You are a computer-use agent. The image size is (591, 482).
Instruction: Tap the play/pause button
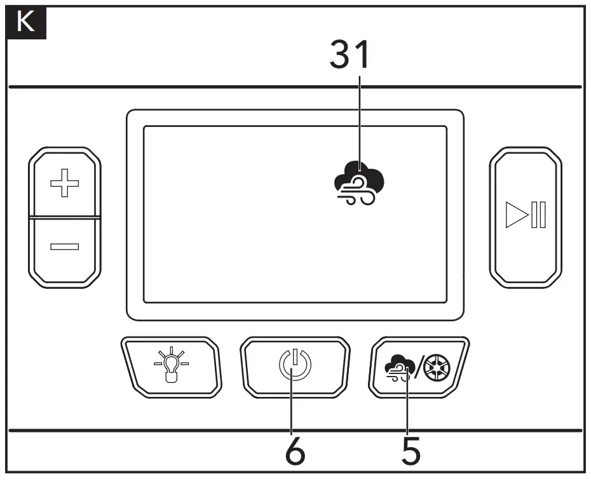pyautogui.click(x=525, y=217)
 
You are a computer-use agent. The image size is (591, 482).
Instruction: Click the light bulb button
pyautogui.click(x=170, y=366)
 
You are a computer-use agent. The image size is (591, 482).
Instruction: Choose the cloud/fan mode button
pyautogui.click(x=419, y=366)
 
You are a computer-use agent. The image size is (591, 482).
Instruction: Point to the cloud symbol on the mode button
pyautogui.click(x=398, y=367)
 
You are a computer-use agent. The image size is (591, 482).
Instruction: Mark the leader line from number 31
pyautogui.click(x=360, y=121)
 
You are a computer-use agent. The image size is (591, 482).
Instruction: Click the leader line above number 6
pyautogui.click(x=292, y=406)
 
